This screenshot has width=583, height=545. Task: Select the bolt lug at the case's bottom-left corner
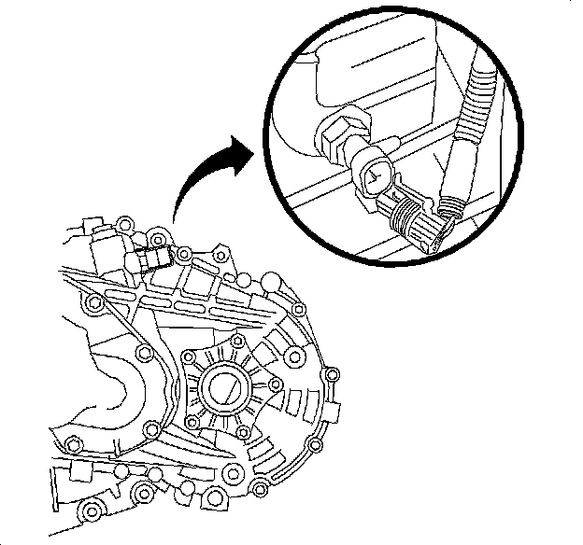(x=91, y=512)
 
